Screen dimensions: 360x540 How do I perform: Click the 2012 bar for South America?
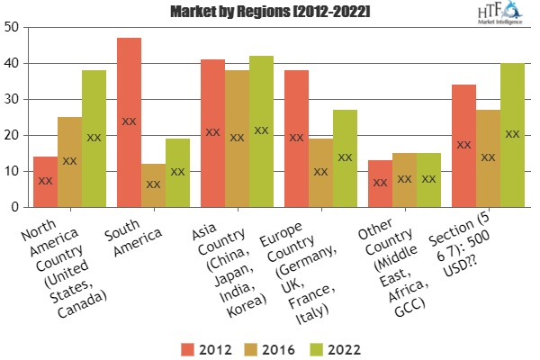tap(130, 122)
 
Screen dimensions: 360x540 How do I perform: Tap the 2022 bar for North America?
tap(94, 139)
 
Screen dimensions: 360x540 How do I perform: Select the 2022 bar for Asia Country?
tap(261, 131)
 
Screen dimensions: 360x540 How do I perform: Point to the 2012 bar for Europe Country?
tap(297, 139)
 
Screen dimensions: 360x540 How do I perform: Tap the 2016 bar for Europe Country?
tap(320, 173)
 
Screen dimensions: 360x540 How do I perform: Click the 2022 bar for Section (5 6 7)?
tap(512, 135)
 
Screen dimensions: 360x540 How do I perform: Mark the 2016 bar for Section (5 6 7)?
tap(489, 158)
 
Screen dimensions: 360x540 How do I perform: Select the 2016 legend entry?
tap(262, 346)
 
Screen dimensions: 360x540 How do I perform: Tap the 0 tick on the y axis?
tap(14, 207)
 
